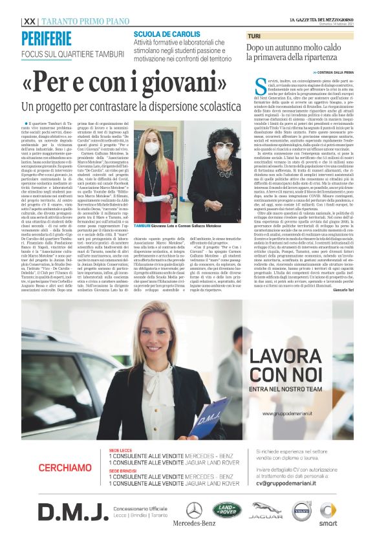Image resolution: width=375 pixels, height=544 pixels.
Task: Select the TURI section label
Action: pyautogui.click(x=254, y=36)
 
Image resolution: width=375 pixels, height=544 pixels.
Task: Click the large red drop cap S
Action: pyautogui.click(x=253, y=83)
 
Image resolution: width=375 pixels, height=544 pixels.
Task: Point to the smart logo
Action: pyautogui.click(x=328, y=514)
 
